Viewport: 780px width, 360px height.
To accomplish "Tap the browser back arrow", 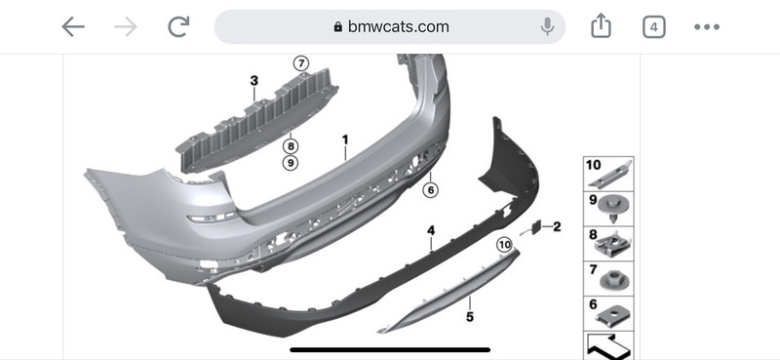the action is click(x=73, y=27).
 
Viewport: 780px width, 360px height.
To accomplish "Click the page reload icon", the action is click(x=178, y=27).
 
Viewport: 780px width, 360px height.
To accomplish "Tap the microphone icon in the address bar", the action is click(x=547, y=26).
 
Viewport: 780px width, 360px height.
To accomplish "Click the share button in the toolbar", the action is click(x=601, y=26).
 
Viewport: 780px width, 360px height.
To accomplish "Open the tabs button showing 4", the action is click(x=653, y=27).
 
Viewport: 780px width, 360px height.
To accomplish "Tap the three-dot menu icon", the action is click(x=707, y=27).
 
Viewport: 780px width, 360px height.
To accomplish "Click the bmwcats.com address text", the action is click(x=398, y=26).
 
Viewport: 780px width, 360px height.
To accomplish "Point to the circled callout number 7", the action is click(x=301, y=63).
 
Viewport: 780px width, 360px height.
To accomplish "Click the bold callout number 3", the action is click(x=254, y=81).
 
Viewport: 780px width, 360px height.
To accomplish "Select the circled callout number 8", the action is click(x=291, y=146).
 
